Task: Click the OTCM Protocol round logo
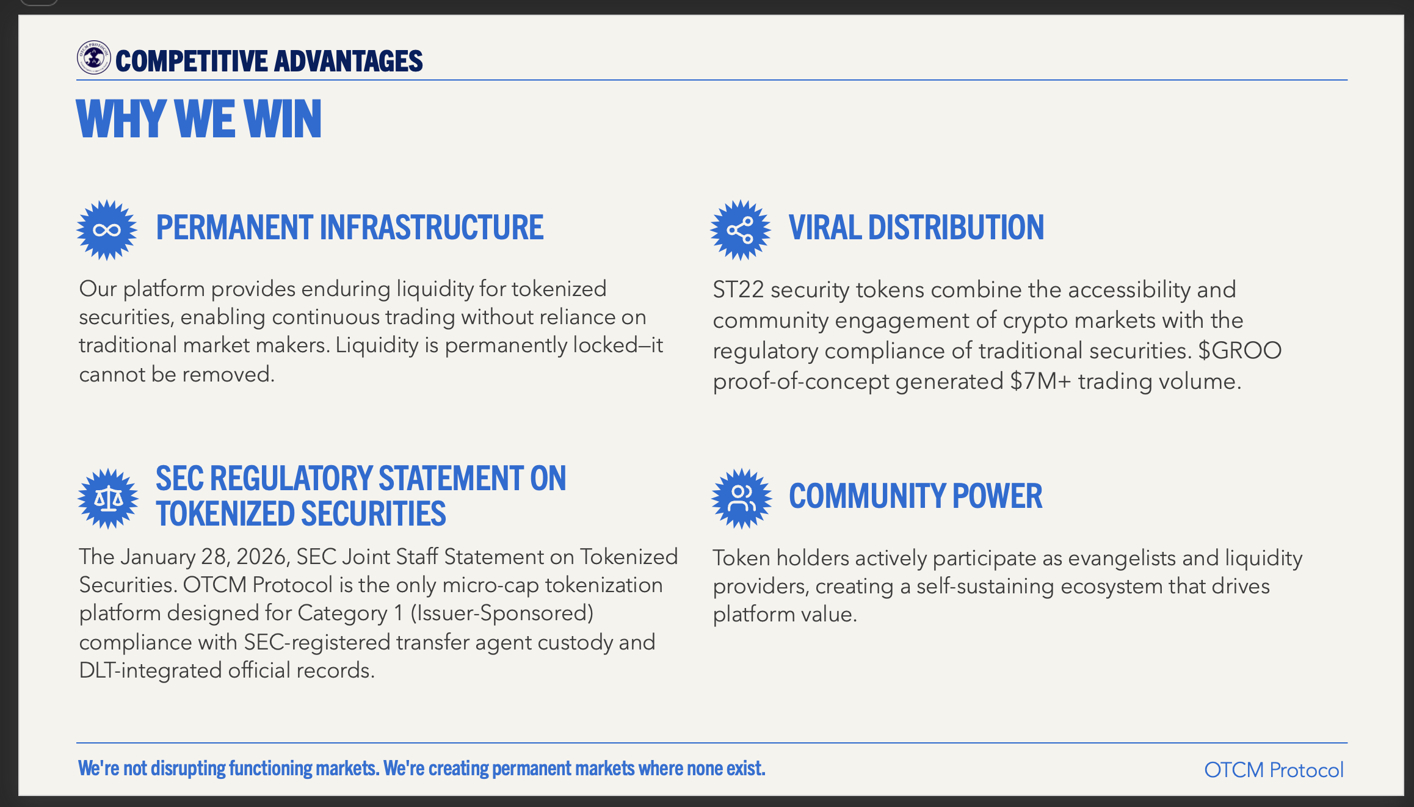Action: tap(93, 58)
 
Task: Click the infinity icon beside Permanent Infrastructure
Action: tap(107, 230)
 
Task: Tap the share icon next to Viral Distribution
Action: tap(741, 230)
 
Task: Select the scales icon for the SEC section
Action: tap(108, 499)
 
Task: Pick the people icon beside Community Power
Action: tap(742, 499)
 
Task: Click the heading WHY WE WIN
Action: tap(199, 119)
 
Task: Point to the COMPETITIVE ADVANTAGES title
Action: tap(269, 61)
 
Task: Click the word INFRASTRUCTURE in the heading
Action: tap(432, 227)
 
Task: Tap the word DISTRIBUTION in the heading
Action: tap(956, 227)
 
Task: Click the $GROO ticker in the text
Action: tap(1239, 350)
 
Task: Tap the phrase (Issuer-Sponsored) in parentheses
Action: tap(502, 613)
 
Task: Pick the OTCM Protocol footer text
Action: tap(1274, 770)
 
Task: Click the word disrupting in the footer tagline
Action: tap(188, 769)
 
